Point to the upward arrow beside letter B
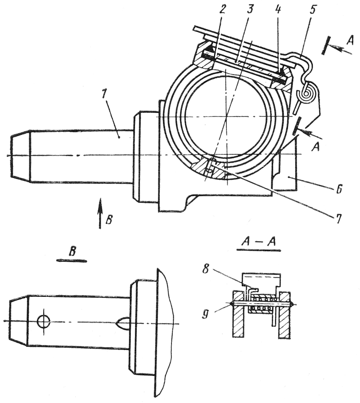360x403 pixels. coord(100,214)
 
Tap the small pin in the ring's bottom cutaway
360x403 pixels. coord(208,167)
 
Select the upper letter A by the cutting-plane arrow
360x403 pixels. coord(350,39)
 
